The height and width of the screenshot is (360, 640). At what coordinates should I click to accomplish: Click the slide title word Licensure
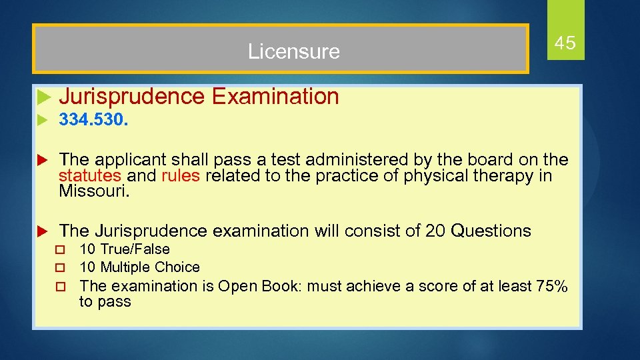click(x=293, y=51)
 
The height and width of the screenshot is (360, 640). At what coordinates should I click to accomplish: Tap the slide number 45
click(x=565, y=44)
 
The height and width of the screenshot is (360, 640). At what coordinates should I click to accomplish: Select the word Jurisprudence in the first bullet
click(x=132, y=97)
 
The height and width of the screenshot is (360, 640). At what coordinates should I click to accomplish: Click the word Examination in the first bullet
click(x=275, y=97)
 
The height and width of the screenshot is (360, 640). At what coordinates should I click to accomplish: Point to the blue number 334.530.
click(x=94, y=121)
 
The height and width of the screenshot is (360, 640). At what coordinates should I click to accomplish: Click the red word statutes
click(x=90, y=176)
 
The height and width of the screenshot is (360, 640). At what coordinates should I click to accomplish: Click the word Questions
click(x=491, y=231)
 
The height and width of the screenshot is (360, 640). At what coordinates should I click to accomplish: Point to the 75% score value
click(x=552, y=287)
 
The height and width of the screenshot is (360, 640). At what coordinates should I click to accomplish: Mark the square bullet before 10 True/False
click(x=60, y=250)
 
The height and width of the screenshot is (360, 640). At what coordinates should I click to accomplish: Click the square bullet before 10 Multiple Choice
click(x=60, y=268)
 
